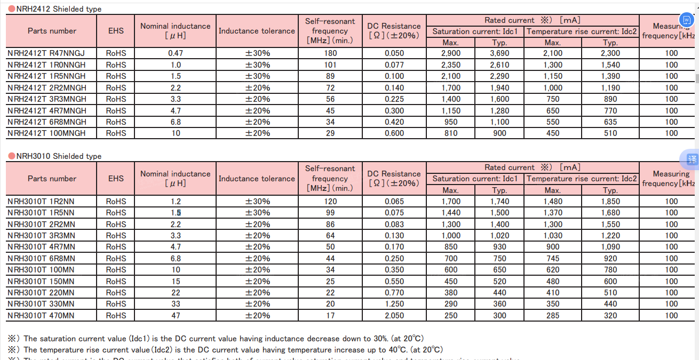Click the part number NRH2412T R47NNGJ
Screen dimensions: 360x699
click(46, 53)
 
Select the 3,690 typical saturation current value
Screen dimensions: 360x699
click(499, 53)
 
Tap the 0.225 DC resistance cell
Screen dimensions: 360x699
click(394, 99)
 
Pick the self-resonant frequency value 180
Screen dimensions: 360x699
click(330, 53)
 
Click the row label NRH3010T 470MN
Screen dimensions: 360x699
click(41, 316)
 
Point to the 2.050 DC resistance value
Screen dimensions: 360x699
click(394, 316)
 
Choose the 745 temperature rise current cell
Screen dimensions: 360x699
click(553, 259)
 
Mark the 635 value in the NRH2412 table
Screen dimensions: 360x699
click(610, 122)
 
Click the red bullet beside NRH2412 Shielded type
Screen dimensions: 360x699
click(12, 9)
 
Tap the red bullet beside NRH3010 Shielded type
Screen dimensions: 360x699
click(12, 156)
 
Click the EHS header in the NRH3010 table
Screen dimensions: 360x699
click(116, 179)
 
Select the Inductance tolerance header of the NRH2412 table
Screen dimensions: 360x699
click(257, 31)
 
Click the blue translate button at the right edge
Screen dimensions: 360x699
click(692, 159)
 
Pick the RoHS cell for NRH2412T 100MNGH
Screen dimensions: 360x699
click(116, 133)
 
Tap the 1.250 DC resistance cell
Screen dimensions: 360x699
click(394, 304)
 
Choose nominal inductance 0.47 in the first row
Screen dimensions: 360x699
click(175, 53)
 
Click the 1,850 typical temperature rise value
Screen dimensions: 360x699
click(610, 202)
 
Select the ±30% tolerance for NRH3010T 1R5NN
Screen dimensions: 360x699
click(257, 213)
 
